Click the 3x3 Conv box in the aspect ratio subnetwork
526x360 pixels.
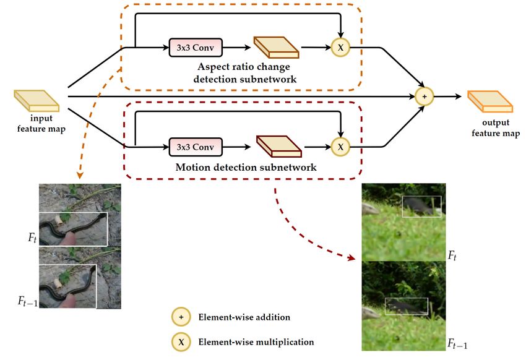pyautogui.click(x=196, y=47)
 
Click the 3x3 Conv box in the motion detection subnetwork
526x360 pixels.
pyautogui.click(x=196, y=147)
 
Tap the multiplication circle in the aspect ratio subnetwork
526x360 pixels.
pyautogui.click(x=340, y=47)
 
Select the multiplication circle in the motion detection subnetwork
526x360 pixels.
pyautogui.click(x=340, y=147)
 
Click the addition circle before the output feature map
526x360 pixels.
pyautogui.click(x=425, y=96)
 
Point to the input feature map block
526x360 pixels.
pyautogui.click(x=37, y=101)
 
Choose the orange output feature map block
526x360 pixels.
pyautogui.click(x=490, y=101)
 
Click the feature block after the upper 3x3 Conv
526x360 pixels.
pyautogui.click(x=276, y=47)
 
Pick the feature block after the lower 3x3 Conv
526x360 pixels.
pyautogui.click(x=278, y=147)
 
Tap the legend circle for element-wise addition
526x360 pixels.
pyautogui.click(x=181, y=317)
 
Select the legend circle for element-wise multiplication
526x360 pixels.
pyautogui.click(x=181, y=342)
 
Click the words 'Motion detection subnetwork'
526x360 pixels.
pyautogui.click(x=246, y=167)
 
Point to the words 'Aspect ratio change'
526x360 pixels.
pyautogui.click(x=244, y=66)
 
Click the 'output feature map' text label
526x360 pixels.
pyautogui.click(x=496, y=127)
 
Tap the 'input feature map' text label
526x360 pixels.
pyautogui.click(x=41, y=123)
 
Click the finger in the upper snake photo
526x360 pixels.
pyautogui.click(x=71, y=238)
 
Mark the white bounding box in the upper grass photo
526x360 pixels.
pyautogui.click(x=421, y=207)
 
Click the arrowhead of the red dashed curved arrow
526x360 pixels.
pyautogui.click(x=352, y=257)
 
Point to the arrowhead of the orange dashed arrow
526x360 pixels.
pyautogui.click(x=80, y=175)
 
